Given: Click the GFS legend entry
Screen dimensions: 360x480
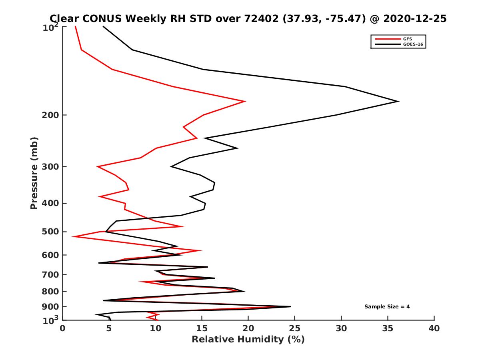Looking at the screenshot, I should [408, 39].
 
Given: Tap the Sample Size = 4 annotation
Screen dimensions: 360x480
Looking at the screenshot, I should [387, 307].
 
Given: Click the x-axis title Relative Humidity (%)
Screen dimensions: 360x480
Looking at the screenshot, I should [248, 340].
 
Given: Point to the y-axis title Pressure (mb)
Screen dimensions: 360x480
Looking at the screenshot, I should [34, 173].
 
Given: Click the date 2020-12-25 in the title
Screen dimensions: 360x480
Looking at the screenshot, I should [414, 18].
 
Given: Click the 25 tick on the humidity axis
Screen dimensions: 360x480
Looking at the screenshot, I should [295, 329].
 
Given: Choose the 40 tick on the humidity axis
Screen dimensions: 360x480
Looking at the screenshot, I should [434, 329].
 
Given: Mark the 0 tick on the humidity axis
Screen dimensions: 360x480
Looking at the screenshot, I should [63, 329].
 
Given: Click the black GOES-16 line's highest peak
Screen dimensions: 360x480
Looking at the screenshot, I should [398, 101].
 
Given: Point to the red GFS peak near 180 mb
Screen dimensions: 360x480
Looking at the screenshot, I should [245, 102].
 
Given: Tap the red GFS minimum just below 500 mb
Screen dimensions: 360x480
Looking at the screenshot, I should [73, 237].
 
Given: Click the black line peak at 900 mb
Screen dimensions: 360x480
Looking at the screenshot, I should [290, 307].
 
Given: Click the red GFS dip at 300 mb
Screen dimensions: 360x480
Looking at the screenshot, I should [97, 166].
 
